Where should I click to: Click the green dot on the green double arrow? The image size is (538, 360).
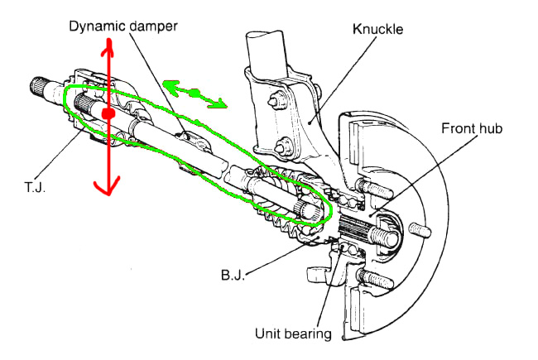(195, 93)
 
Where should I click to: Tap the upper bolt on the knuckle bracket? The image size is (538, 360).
(276, 102)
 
